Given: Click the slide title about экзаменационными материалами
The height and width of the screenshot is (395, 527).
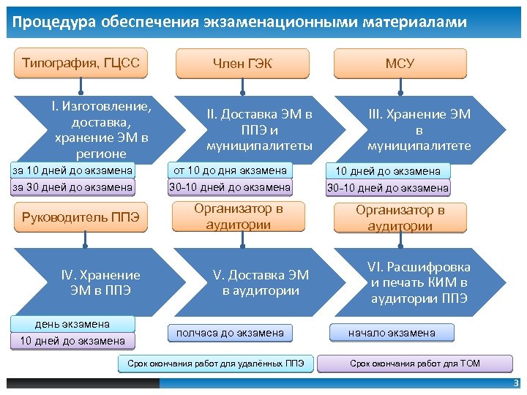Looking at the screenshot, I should [239, 23].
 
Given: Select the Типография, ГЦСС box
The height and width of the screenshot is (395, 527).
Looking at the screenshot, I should [81, 63].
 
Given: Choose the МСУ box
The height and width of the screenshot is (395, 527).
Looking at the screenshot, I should [400, 64].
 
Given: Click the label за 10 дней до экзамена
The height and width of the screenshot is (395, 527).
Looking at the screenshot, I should [72, 170].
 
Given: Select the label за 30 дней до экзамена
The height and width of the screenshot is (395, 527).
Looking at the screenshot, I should [72, 187].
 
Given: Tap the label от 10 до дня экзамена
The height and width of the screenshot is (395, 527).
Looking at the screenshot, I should [228, 170].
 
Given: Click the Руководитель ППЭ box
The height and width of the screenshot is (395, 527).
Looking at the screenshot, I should [81, 217].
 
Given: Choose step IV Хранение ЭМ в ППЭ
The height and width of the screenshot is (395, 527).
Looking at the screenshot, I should [100, 282].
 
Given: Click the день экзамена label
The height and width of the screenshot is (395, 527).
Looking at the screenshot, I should [72, 324].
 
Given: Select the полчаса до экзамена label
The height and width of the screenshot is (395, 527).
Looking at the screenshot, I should [229, 333].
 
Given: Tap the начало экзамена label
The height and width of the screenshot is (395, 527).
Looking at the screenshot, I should [391, 333].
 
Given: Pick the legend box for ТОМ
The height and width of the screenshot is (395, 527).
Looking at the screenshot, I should [414, 363].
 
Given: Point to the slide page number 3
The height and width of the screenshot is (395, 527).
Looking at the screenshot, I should [515, 383].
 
